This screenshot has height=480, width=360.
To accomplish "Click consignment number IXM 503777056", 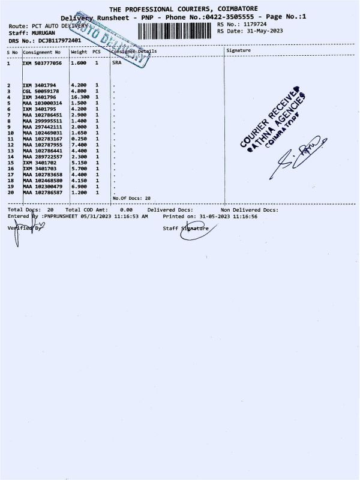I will coord(42,62).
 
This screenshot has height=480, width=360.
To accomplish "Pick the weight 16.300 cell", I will coord(80,97).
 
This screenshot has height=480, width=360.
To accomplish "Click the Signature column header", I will coord(239,51).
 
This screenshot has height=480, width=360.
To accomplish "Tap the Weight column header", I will coord(79,52).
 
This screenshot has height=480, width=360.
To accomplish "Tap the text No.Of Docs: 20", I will coord(131,198).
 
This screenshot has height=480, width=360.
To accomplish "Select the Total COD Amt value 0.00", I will coord(126,210).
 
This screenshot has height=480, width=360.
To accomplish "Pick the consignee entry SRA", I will coord(117,62).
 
